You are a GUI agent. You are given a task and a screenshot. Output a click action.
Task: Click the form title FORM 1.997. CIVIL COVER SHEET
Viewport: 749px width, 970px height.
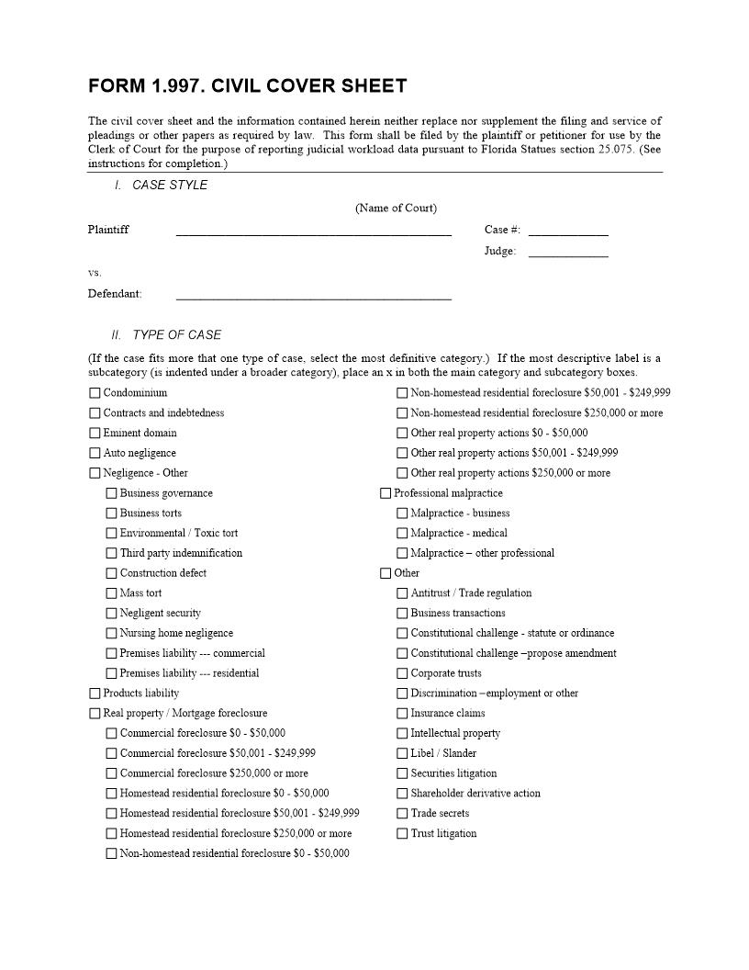(247, 86)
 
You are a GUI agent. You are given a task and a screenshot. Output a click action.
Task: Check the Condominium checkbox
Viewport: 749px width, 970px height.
(95, 393)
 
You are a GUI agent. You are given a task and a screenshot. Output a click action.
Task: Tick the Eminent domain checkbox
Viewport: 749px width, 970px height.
(95, 434)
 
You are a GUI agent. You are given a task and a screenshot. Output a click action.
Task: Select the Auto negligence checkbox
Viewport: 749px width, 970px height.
(95, 453)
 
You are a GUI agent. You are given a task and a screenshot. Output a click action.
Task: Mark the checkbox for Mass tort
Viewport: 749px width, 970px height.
(111, 593)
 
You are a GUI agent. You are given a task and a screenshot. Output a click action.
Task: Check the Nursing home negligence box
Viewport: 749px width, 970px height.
(111, 634)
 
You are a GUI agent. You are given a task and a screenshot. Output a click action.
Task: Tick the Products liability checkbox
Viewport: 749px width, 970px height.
(95, 694)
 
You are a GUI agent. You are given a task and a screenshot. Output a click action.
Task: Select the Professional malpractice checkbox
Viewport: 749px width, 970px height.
(386, 493)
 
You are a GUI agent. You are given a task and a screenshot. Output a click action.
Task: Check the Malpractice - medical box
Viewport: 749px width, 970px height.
(402, 534)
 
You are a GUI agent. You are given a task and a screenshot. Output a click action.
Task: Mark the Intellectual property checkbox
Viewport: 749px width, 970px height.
(402, 734)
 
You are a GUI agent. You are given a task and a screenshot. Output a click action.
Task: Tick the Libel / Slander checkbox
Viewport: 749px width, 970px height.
(402, 753)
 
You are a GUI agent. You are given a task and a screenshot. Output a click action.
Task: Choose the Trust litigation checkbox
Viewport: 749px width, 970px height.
(402, 834)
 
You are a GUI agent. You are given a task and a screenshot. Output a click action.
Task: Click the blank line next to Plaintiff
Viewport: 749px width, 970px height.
(313, 231)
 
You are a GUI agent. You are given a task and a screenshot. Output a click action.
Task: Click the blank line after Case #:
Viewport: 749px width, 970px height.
(568, 231)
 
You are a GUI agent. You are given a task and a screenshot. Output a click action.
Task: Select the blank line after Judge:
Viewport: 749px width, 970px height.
(568, 253)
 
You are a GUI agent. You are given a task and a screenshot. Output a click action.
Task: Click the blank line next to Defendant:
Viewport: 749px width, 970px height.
(313, 296)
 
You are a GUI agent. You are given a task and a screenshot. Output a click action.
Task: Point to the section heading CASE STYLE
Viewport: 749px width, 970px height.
(170, 186)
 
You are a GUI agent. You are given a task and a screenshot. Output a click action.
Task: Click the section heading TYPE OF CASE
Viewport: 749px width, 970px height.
(176, 335)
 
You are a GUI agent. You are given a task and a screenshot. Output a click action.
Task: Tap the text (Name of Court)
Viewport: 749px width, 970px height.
(396, 209)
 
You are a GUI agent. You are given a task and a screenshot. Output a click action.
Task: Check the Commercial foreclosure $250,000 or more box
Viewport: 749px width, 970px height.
(111, 773)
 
